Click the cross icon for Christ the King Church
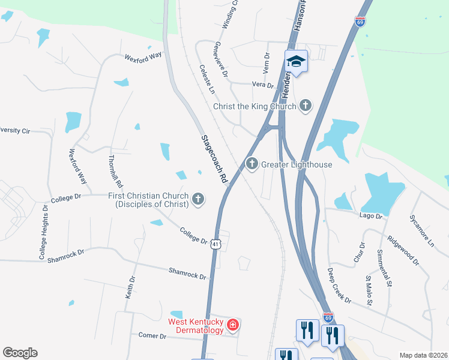click(x=306, y=106)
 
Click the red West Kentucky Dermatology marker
click(x=233, y=325)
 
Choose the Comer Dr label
click(x=152, y=335)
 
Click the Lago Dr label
click(x=371, y=215)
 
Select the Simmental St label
click(x=384, y=267)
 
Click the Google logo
click(x=20, y=353)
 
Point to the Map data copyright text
click(x=423, y=355)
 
